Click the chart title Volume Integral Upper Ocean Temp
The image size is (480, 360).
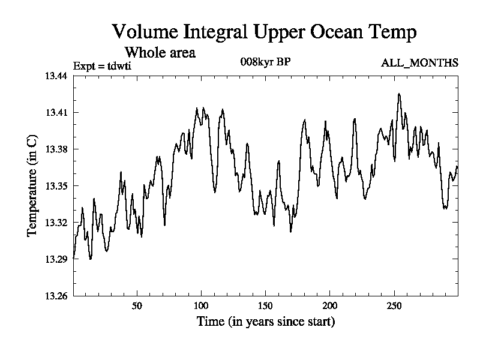click(x=264, y=32)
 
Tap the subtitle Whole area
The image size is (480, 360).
click(x=160, y=53)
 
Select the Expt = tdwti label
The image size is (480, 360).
click(x=102, y=65)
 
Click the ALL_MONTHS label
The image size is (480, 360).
click(x=420, y=62)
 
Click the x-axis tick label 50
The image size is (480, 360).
click(x=137, y=306)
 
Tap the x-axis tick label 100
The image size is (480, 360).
click(x=201, y=306)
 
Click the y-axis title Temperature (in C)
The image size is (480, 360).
click(x=33, y=185)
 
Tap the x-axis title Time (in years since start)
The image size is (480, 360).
click(x=266, y=322)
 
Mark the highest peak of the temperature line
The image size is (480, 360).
click(x=398, y=94)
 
